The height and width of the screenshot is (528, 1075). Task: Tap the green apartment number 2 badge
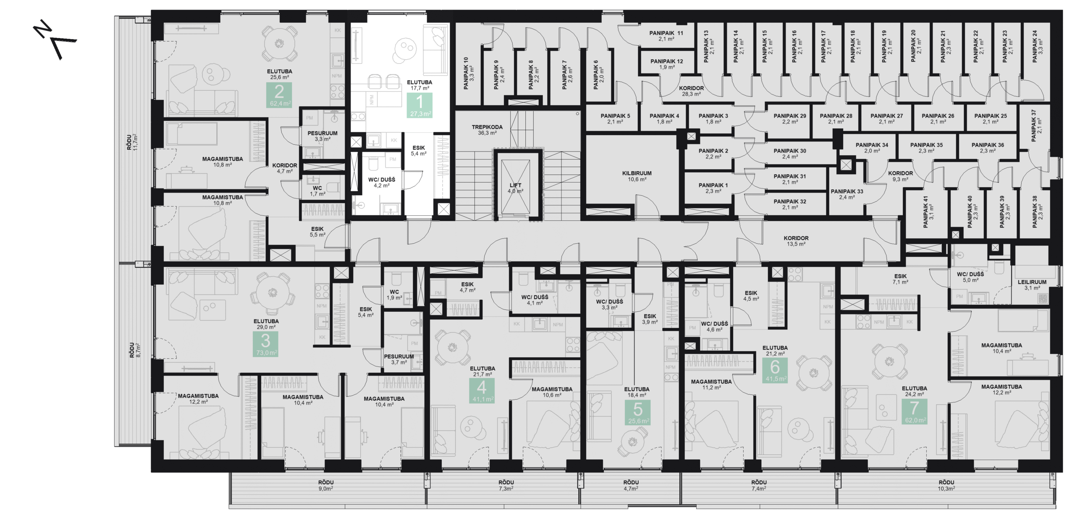click(x=279, y=95)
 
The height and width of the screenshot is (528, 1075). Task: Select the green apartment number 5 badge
click(x=637, y=412)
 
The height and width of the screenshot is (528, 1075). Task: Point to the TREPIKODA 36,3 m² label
click(x=487, y=130)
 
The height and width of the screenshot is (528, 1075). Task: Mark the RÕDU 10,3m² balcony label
click(x=946, y=485)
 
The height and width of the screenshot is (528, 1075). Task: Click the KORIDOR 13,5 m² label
click(x=796, y=240)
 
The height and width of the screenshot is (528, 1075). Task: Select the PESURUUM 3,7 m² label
click(x=399, y=359)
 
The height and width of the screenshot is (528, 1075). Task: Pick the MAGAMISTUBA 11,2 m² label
click(x=711, y=384)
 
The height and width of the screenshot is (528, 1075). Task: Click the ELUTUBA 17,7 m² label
click(x=419, y=85)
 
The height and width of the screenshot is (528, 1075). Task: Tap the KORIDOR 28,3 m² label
click(x=691, y=91)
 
